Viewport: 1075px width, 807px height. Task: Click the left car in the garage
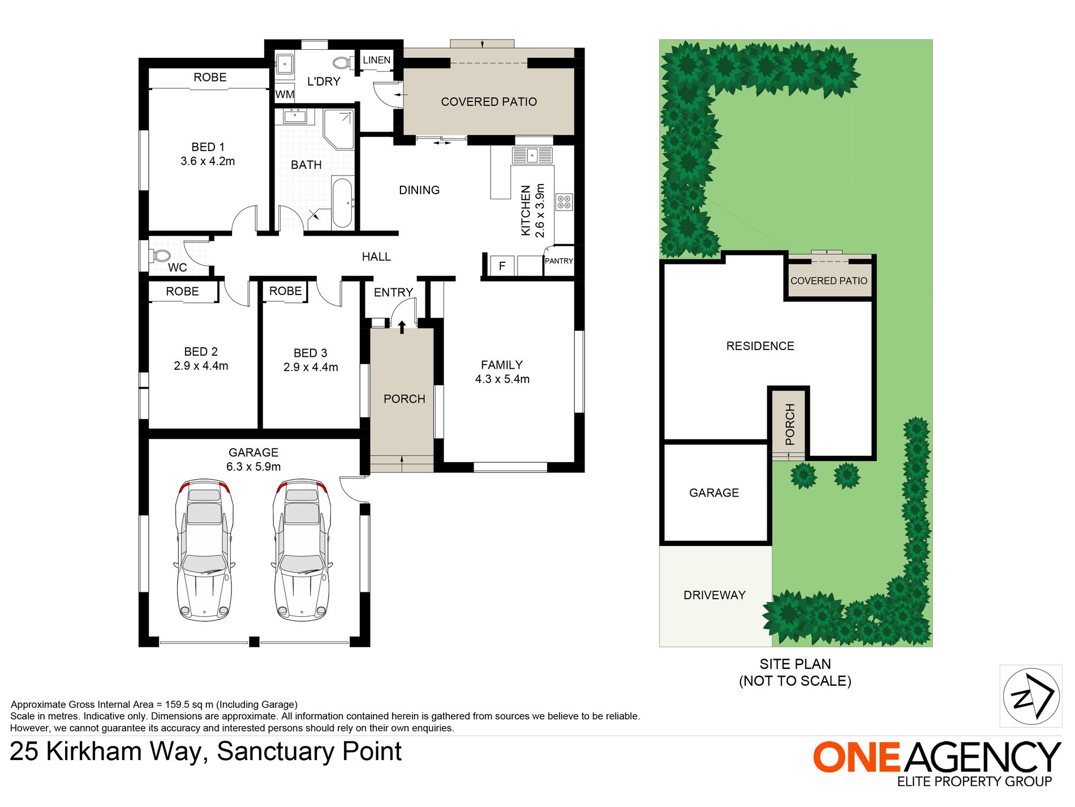point(204,549)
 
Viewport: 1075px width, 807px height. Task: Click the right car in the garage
point(302,549)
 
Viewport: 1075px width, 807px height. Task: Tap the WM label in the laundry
point(285,95)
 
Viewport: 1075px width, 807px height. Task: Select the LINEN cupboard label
point(376,60)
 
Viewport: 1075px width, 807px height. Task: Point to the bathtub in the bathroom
point(342,202)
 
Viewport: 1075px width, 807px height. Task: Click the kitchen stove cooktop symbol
point(564,202)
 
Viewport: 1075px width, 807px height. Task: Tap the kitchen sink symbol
point(531,155)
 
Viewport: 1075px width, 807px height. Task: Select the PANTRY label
point(558,261)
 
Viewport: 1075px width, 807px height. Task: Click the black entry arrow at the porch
point(402,327)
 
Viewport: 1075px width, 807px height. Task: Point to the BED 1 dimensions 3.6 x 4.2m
point(208,161)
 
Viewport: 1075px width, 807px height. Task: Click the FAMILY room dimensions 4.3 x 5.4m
point(502,379)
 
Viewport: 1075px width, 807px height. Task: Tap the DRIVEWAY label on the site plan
point(714,595)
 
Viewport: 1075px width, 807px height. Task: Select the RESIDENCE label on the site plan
point(760,346)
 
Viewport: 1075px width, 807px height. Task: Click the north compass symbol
point(1031,696)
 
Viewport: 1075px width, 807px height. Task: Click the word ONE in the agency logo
point(855,757)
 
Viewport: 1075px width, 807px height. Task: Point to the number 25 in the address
point(24,752)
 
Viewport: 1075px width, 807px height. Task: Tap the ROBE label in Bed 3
point(285,291)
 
